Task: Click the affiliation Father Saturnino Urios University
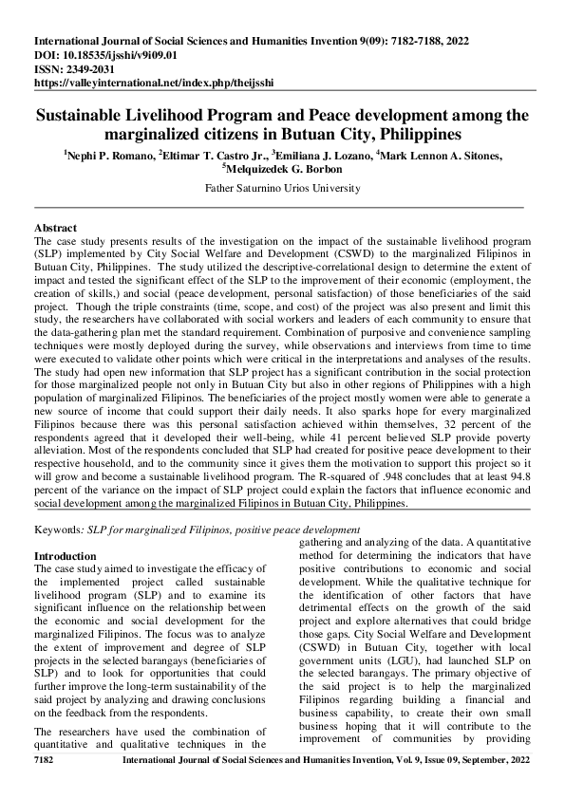[x=281, y=188]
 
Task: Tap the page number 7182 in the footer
[x=46, y=788]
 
